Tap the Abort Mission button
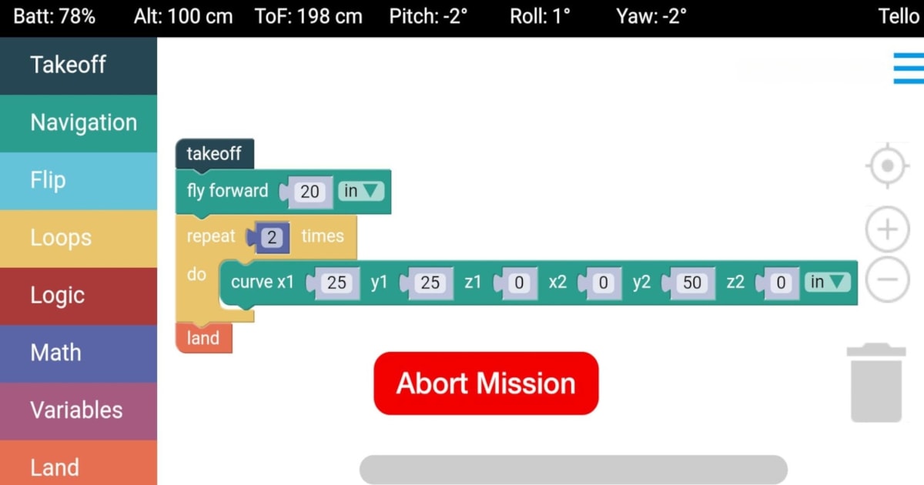click(x=486, y=383)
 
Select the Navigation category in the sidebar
click(x=79, y=123)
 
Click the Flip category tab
click(x=79, y=181)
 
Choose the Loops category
click(x=79, y=238)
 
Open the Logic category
click(x=79, y=296)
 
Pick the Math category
click(x=79, y=353)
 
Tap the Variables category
click(x=79, y=410)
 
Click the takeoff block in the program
click(x=214, y=154)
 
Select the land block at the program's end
click(x=203, y=339)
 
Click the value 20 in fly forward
click(x=310, y=192)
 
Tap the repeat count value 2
click(x=271, y=237)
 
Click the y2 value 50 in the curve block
click(x=692, y=283)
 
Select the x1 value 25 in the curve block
click(x=336, y=283)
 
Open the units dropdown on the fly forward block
click(x=361, y=192)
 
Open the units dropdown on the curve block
click(x=828, y=283)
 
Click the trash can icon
click(x=876, y=383)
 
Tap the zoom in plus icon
click(x=888, y=229)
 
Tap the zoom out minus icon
click(x=888, y=279)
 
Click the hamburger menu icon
click(x=908, y=69)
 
